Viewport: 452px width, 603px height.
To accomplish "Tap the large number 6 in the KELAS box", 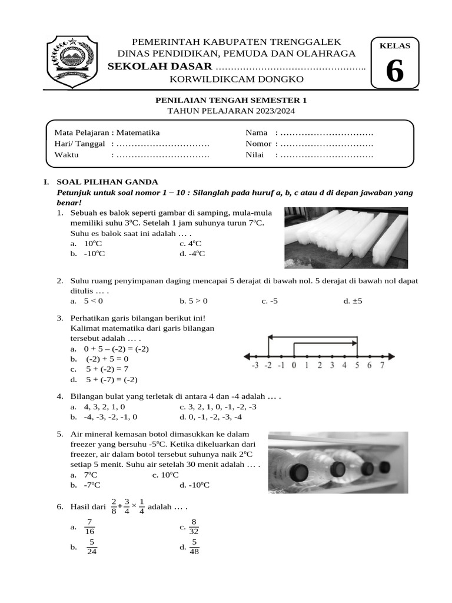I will point(394,72).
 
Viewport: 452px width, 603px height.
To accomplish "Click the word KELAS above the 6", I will point(394,46).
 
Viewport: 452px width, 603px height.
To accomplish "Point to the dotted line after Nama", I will point(327,132).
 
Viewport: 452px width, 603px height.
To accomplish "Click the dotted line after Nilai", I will point(327,155).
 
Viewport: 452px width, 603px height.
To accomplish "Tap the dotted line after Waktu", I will point(163,155).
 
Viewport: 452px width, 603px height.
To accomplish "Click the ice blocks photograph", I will point(346,237).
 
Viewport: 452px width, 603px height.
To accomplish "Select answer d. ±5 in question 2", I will point(353,301).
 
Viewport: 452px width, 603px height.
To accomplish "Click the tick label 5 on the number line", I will point(357,366).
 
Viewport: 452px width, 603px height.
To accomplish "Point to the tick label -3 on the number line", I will point(254,366).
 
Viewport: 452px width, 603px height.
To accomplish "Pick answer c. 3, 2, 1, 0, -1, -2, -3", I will point(218,407).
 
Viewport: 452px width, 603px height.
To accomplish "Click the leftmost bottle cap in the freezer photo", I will point(298,472).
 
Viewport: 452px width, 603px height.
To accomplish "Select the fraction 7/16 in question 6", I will point(89,526).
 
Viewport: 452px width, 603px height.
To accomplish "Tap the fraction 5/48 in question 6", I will point(194,547).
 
